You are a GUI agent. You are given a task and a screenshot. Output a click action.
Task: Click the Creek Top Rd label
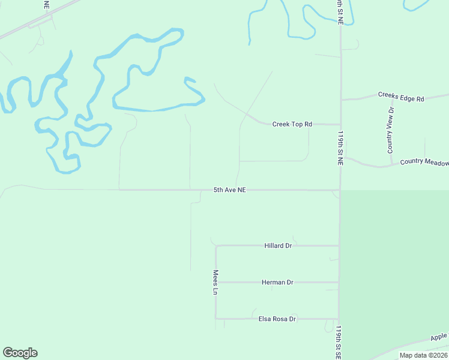(292, 124)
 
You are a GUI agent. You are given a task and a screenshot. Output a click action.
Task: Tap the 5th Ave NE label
(230, 190)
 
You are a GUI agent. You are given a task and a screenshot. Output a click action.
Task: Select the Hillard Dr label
(278, 245)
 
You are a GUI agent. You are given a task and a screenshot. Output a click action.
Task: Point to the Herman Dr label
(277, 282)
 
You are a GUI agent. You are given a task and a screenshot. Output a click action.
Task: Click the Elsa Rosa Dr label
(277, 319)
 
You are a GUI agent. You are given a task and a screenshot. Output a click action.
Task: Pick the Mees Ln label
(215, 282)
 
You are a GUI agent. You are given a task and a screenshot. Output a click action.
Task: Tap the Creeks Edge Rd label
(401, 96)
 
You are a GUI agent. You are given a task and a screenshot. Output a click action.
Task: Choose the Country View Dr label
(390, 130)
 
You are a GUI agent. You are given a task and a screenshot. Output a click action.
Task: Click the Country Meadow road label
(424, 161)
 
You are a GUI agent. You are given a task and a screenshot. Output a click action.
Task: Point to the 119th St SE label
(339, 343)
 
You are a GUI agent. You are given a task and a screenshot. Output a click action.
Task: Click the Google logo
(20, 353)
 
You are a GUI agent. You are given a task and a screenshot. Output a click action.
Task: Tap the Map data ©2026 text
(424, 355)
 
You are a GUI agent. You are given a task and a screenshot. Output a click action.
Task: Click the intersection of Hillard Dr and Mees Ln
(216, 245)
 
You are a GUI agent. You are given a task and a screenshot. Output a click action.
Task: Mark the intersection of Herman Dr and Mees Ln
(216, 282)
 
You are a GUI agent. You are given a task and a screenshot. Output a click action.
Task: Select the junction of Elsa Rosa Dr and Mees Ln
(216, 319)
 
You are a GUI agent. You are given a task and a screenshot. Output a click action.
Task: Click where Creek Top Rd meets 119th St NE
(340, 125)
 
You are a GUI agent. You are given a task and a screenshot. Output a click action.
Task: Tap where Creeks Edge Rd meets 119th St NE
(340, 100)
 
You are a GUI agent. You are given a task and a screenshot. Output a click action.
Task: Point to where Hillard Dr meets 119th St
(339, 245)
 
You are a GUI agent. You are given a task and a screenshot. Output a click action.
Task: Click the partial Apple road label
(439, 337)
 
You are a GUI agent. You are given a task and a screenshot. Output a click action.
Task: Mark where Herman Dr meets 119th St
(339, 282)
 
